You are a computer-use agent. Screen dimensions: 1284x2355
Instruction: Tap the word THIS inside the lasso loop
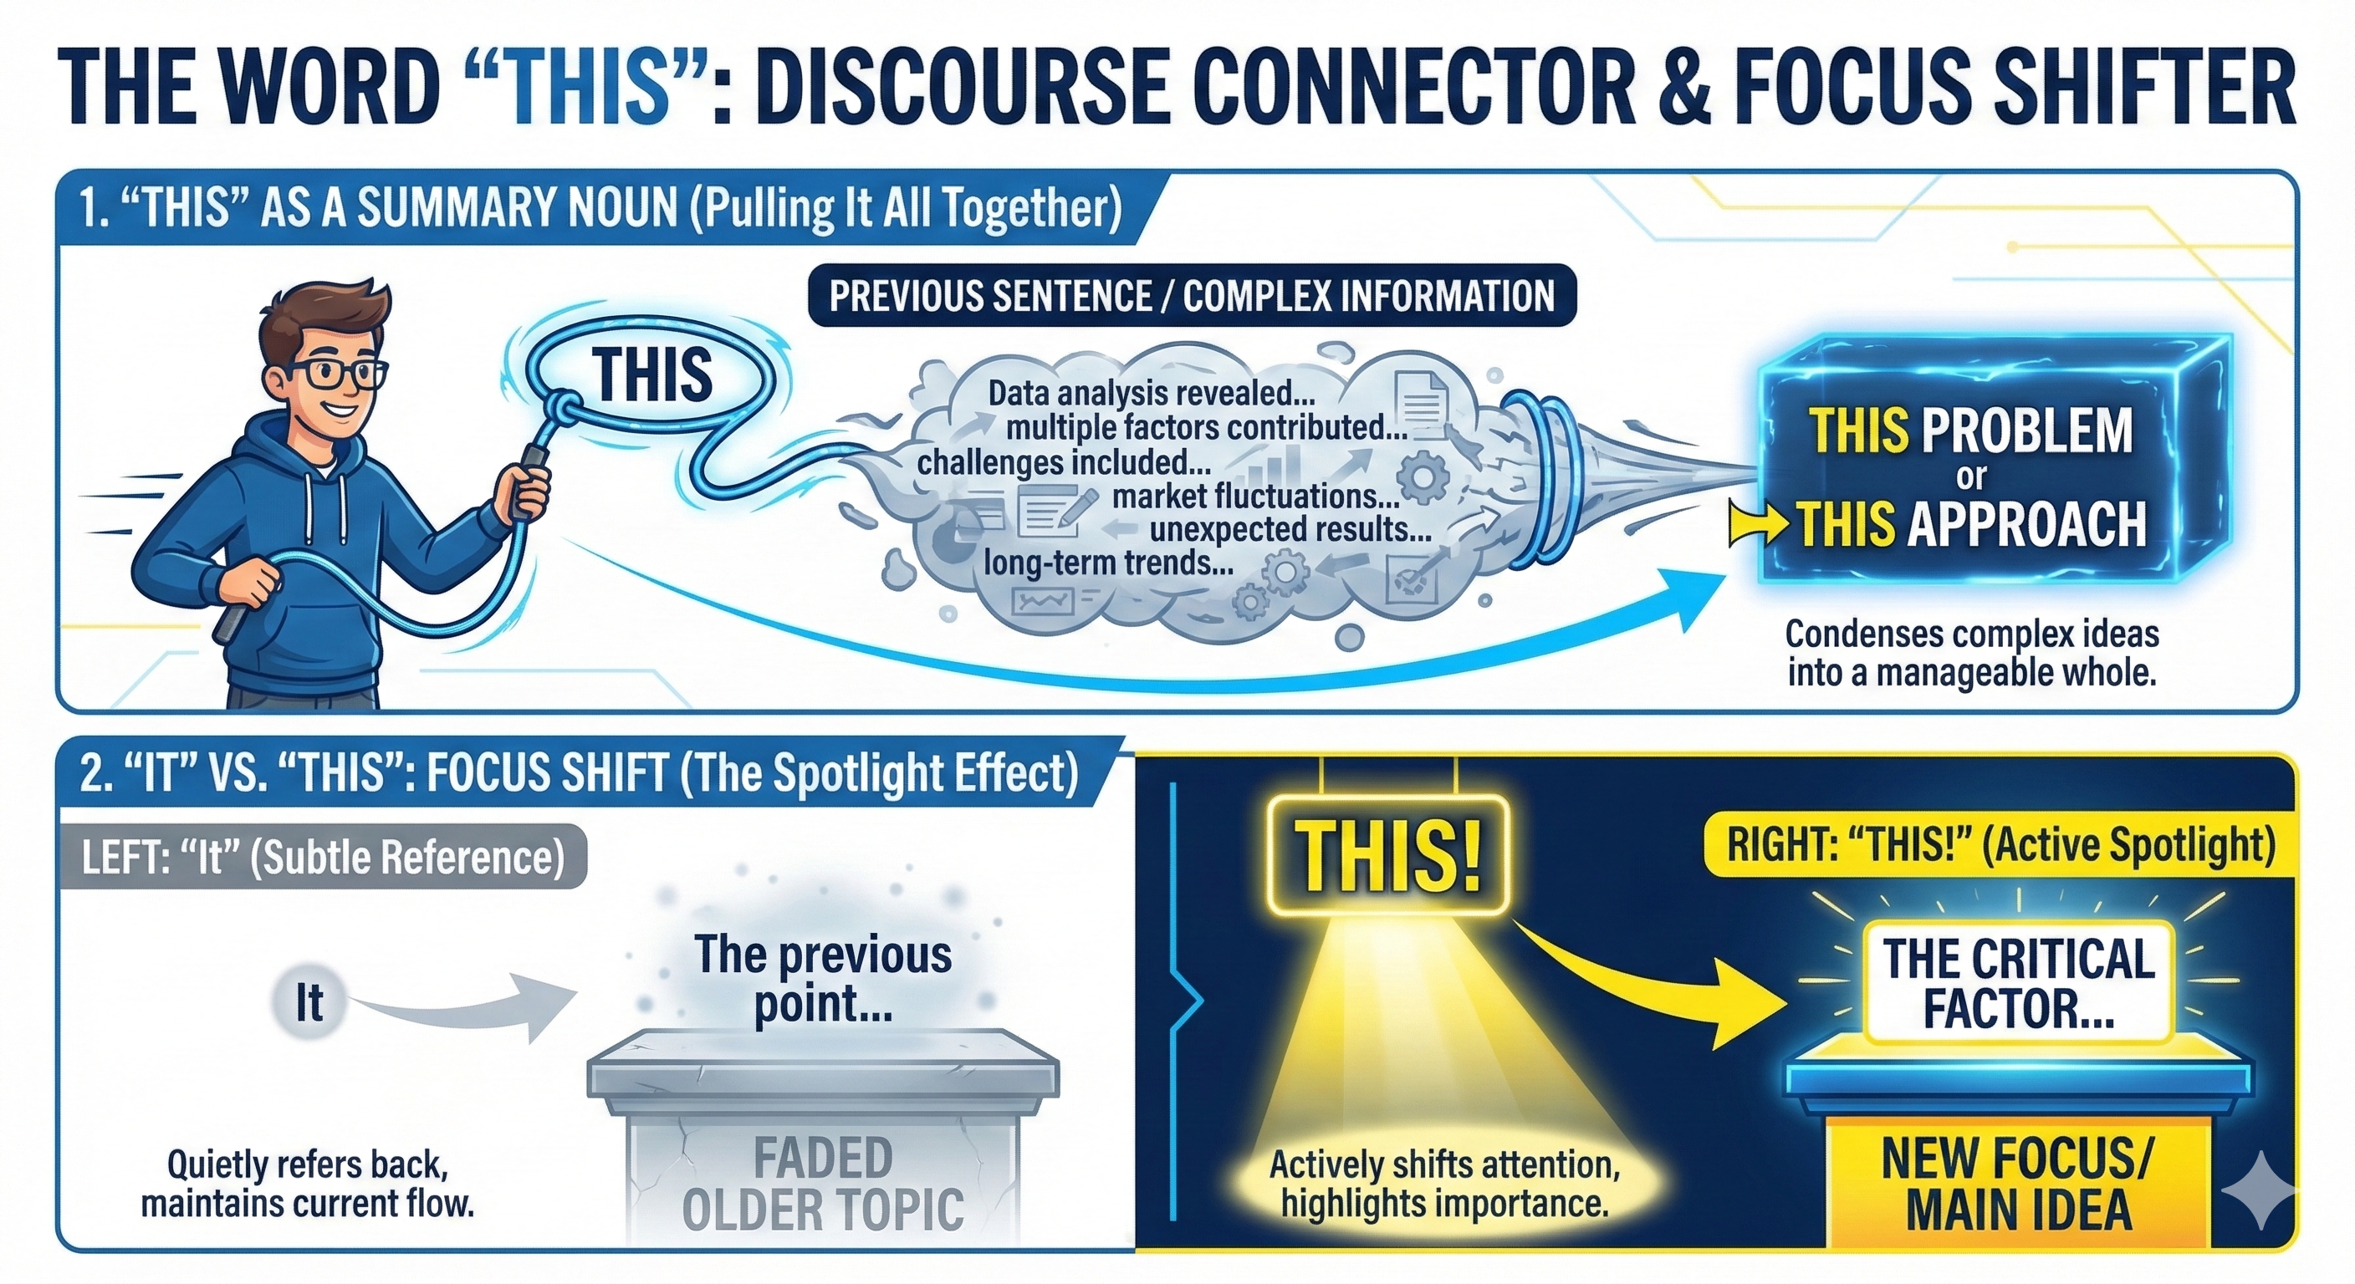pos(651,374)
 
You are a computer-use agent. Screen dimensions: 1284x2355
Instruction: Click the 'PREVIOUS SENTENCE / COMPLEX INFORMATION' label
pos(1191,296)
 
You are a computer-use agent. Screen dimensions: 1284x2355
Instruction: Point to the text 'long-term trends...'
pos(1108,563)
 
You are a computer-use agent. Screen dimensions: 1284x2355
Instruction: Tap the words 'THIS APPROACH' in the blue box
pos(1972,525)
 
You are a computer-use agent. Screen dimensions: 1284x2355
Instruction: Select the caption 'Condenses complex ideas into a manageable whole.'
pos(1971,653)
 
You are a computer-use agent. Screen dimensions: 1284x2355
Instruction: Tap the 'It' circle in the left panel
pos(309,1002)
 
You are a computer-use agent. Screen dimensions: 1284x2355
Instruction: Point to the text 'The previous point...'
pos(822,979)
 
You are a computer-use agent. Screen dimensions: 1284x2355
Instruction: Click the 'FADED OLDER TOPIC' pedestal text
pos(823,1183)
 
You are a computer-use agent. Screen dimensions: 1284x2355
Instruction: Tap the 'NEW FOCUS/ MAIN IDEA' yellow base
pos(2018,1185)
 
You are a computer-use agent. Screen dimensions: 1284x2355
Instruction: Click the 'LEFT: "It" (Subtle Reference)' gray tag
pos(323,857)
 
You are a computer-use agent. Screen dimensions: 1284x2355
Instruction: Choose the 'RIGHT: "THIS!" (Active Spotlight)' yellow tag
pos(2000,844)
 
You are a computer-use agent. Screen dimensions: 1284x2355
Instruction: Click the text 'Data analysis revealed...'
pos(1151,393)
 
